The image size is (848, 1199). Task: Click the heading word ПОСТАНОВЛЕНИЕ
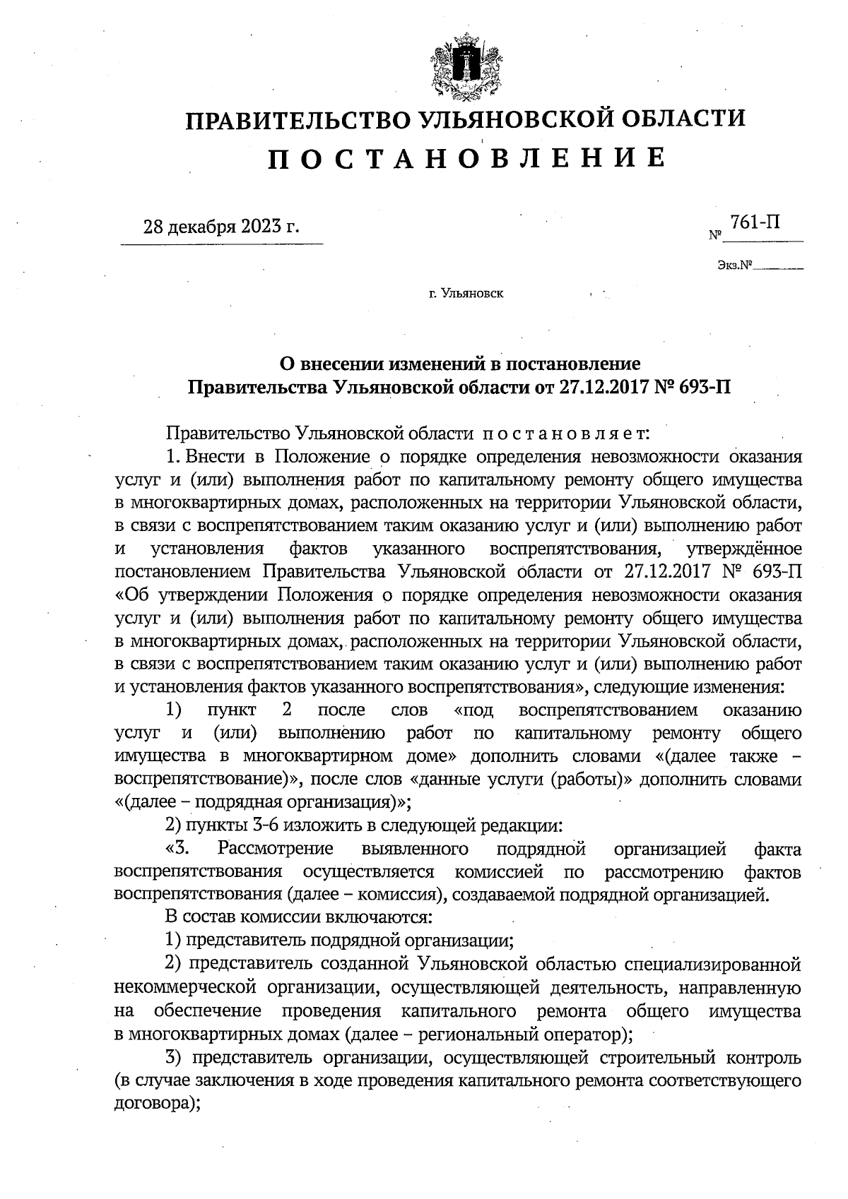click(x=466, y=157)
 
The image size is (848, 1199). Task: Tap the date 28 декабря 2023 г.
click(x=221, y=227)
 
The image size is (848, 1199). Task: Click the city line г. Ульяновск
click(x=466, y=293)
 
